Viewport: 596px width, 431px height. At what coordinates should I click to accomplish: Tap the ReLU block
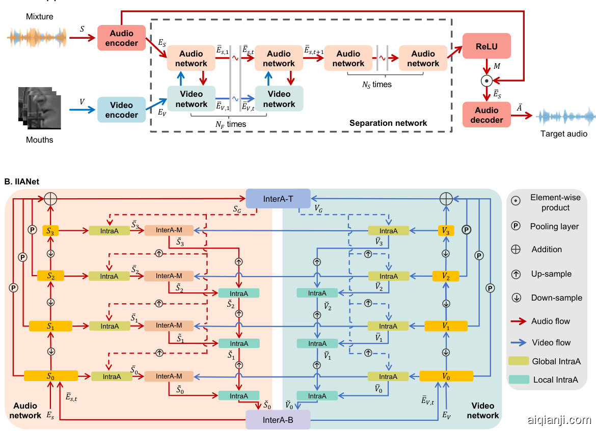(486, 46)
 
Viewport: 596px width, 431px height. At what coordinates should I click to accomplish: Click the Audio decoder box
(486, 115)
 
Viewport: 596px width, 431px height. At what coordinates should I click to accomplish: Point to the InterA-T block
(278, 198)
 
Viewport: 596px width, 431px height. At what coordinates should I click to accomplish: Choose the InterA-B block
(277, 420)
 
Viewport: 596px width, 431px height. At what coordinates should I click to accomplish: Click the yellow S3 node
(50, 231)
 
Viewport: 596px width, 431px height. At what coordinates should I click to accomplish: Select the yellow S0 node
(50, 376)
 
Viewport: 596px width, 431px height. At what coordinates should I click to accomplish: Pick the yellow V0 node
(446, 376)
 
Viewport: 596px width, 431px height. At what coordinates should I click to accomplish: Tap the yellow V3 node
(446, 231)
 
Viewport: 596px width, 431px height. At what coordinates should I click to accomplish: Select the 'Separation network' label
(388, 123)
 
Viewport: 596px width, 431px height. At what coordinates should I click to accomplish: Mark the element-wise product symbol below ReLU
(486, 80)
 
